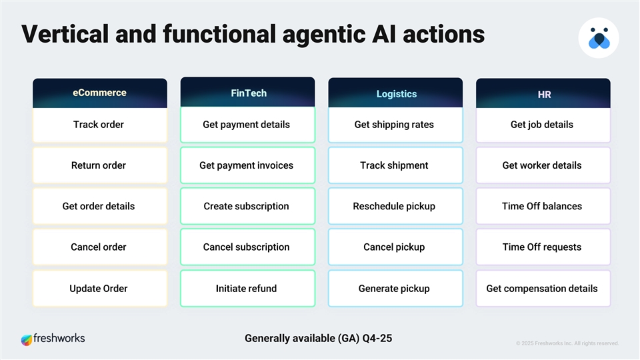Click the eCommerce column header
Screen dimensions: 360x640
99,93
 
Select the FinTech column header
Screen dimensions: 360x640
248,93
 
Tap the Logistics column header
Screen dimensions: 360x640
396,94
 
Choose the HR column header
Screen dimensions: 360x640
543,94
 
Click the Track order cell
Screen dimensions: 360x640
99,125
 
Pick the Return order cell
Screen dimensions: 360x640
99,165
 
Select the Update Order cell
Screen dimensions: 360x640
99,289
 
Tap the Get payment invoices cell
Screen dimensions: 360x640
247,165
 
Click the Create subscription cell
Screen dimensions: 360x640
247,207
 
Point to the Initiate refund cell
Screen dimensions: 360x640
247,289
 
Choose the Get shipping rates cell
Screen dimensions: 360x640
395,125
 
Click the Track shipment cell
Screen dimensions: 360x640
395,165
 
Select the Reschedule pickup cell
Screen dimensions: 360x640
395,207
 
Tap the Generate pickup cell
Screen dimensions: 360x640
395,289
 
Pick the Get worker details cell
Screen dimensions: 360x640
542,165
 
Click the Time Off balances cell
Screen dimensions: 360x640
542,207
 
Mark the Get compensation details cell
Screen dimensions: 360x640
542,289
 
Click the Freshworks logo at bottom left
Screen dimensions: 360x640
53,339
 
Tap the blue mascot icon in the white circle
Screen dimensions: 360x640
599,39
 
